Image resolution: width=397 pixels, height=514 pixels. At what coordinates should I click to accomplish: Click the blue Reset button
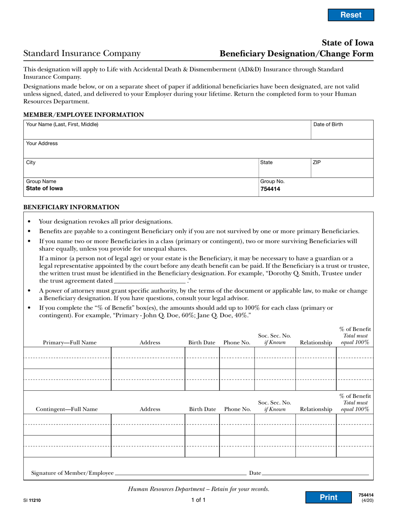point(351,15)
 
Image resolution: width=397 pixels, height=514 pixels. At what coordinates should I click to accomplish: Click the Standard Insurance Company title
point(82,53)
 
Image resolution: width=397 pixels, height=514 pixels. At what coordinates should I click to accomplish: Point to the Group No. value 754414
point(270,189)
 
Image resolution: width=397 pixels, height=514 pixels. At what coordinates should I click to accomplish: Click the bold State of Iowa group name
point(44,188)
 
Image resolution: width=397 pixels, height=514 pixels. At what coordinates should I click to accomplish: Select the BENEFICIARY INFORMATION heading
point(71,207)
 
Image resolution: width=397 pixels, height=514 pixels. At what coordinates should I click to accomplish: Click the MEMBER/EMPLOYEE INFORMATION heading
point(84,115)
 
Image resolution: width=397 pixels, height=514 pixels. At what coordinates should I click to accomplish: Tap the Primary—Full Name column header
point(70,343)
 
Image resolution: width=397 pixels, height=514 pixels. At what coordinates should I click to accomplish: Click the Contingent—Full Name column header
point(67,410)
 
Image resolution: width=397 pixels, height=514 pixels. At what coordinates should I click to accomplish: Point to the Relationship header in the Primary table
point(316,343)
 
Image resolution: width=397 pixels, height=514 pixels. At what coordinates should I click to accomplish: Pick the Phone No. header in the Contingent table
point(237,410)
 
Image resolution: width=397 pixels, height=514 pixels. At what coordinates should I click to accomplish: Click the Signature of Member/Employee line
point(180,473)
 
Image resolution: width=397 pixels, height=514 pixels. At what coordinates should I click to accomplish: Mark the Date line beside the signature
point(316,473)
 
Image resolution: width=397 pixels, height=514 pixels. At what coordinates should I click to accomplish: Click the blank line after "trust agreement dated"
point(150,281)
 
